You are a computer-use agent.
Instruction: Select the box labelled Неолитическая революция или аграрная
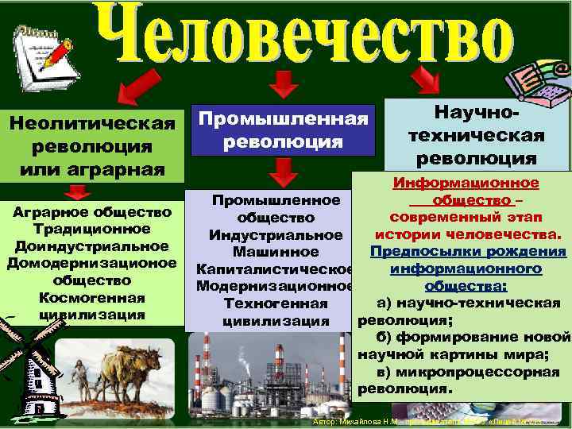pyautogui.click(x=91, y=147)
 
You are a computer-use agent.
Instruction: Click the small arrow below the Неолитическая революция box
pyautogui.click(x=76, y=193)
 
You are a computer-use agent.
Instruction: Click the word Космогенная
pyautogui.click(x=92, y=298)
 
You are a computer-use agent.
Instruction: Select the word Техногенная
pyautogui.click(x=275, y=304)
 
